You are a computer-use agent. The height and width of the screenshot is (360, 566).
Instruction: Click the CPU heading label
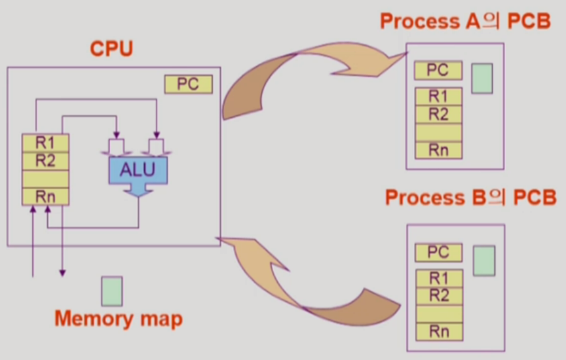pos(111,50)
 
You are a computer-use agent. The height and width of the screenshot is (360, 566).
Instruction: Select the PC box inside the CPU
pos(189,84)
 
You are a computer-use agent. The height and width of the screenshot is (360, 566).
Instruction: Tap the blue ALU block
pos(138,170)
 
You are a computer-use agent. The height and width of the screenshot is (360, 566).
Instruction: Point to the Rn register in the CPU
pos(45,196)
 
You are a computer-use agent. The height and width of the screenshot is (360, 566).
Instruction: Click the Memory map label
pos(119,319)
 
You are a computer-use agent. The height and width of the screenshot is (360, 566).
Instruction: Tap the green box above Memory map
pos(111,291)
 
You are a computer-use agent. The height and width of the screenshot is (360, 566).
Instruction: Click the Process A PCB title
pos(465,22)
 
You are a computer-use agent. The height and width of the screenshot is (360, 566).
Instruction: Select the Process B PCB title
pos(470,197)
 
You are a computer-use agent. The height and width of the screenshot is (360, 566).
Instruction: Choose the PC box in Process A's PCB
pos(438,71)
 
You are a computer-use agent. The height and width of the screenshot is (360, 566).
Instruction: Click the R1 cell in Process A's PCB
pos(438,97)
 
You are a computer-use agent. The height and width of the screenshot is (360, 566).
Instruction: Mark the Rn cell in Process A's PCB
pos(438,149)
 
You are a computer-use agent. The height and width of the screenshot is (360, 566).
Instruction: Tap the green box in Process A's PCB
pos(482,78)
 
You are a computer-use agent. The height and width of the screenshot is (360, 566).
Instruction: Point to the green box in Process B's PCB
pos(484,260)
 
